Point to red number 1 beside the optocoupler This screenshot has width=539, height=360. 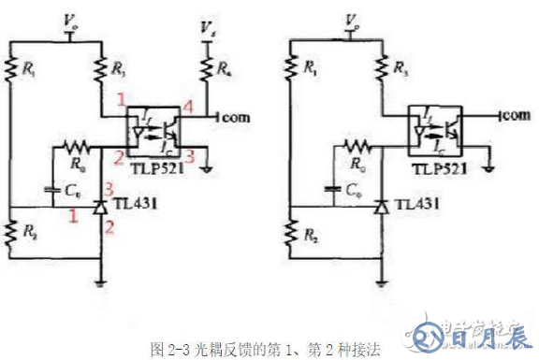(121, 99)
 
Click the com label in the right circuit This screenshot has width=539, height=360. (512, 115)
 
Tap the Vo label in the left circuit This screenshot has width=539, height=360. (69, 19)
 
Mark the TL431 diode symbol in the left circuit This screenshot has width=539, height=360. (100, 204)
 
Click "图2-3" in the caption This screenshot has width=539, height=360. (166, 347)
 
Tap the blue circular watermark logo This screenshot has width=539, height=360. (428, 335)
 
